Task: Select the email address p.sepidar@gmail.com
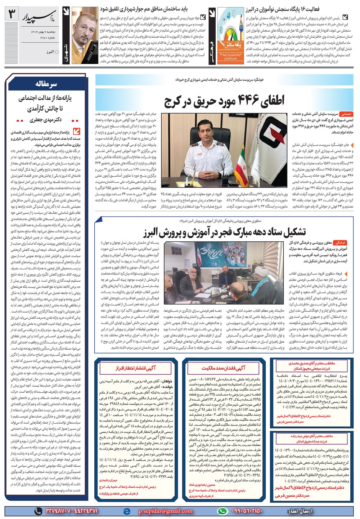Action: click(160, 511)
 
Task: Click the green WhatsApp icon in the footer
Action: click(223, 511)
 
